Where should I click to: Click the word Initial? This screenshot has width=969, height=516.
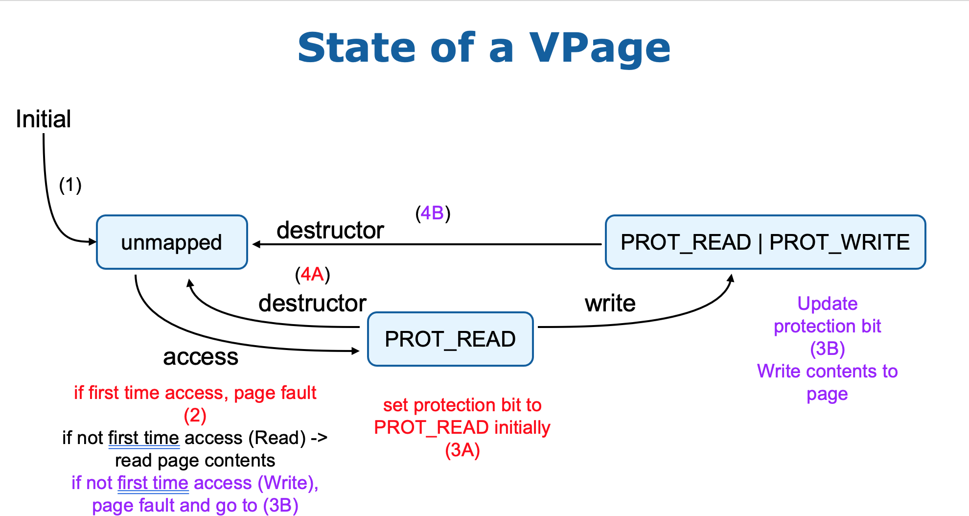pyautogui.click(x=43, y=119)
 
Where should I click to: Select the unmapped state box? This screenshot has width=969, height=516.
pyautogui.click(x=172, y=242)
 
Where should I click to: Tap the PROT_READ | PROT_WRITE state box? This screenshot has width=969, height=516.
pyautogui.click(x=765, y=242)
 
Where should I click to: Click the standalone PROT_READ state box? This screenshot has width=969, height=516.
pyautogui.click(x=450, y=339)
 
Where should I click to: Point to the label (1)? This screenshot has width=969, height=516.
pyautogui.click(x=70, y=185)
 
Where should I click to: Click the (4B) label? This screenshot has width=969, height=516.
pyautogui.click(x=433, y=213)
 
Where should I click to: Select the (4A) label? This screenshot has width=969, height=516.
pyautogui.click(x=312, y=274)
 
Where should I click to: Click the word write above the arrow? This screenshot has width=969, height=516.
pyautogui.click(x=610, y=303)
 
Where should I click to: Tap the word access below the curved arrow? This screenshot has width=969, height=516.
pyautogui.click(x=200, y=356)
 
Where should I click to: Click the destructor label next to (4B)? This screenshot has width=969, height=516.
pyautogui.click(x=330, y=230)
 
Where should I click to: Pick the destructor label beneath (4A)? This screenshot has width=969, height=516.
pyautogui.click(x=312, y=303)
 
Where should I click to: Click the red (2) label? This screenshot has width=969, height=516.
pyautogui.click(x=195, y=415)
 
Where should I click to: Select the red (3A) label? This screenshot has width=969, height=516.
pyautogui.click(x=462, y=450)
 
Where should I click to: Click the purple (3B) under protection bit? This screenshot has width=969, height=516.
pyautogui.click(x=827, y=349)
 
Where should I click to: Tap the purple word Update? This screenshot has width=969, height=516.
pyautogui.click(x=827, y=304)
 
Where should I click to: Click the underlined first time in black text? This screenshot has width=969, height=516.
pyautogui.click(x=143, y=438)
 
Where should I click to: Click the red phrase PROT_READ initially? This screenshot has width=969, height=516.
pyautogui.click(x=462, y=427)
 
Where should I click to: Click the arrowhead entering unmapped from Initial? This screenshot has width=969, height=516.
pyautogui.click(x=92, y=241)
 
